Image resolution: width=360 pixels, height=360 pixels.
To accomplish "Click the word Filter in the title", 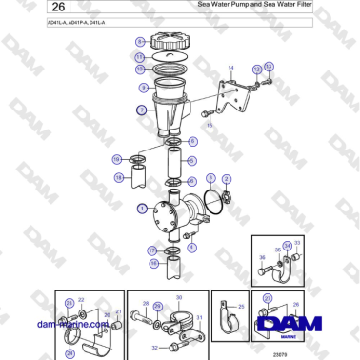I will click(x=300, y=5).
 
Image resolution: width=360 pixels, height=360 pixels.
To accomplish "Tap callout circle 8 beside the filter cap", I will click(x=140, y=42).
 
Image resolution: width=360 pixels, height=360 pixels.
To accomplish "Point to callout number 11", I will click(x=140, y=57).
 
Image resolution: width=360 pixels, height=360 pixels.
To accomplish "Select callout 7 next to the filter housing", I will click(x=142, y=110).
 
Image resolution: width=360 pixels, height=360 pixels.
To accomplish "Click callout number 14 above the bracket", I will click(x=230, y=68).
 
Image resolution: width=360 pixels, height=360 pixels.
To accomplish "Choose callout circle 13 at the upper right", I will click(x=269, y=66).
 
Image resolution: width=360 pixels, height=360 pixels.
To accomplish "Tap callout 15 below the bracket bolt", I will click(x=210, y=125).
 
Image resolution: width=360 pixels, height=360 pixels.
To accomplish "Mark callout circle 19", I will click(x=116, y=159).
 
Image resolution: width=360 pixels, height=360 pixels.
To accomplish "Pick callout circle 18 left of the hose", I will click(x=118, y=177).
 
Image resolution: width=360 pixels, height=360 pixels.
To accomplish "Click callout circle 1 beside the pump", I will click(x=141, y=207).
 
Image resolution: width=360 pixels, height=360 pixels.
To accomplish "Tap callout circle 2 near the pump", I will click(x=227, y=178).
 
